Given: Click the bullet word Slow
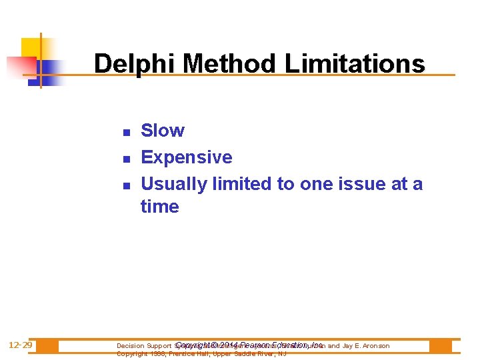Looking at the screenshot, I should click(163, 131).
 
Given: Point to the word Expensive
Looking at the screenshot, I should click(187, 157).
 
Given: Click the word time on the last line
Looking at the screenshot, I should click(159, 207).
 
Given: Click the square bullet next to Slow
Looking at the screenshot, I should click(125, 132).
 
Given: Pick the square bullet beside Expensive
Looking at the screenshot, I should click(125, 159).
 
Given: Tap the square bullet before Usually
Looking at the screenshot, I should click(125, 185).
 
